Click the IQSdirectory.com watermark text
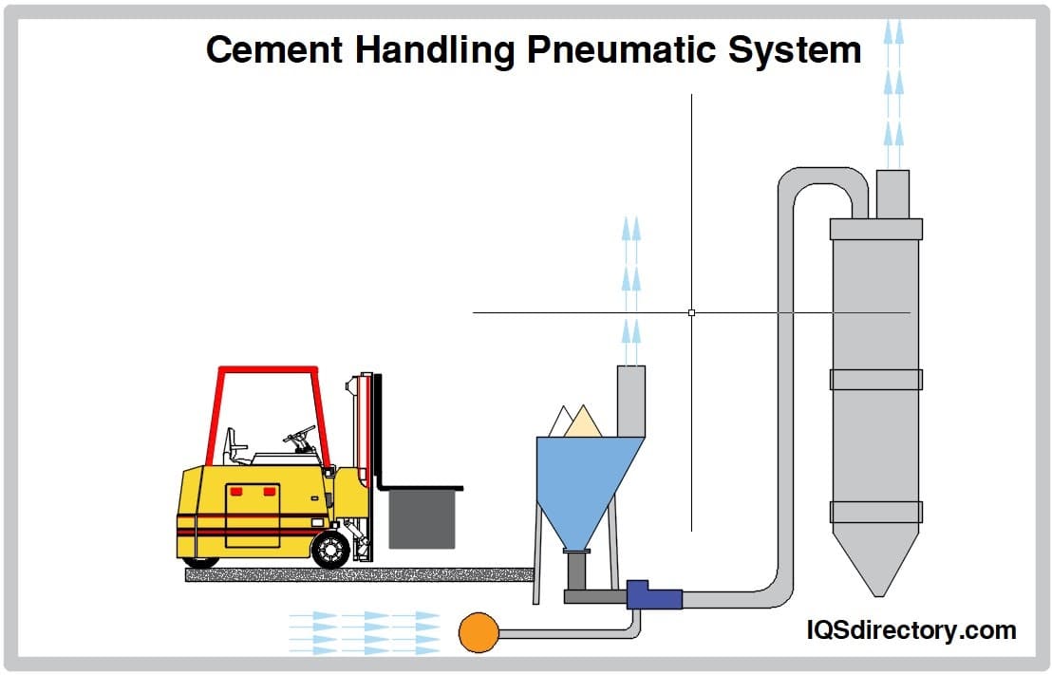coord(911,629)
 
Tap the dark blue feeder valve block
coord(653,595)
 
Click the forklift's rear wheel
coord(330,550)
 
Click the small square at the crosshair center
coord(691,312)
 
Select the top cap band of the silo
coord(875,229)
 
